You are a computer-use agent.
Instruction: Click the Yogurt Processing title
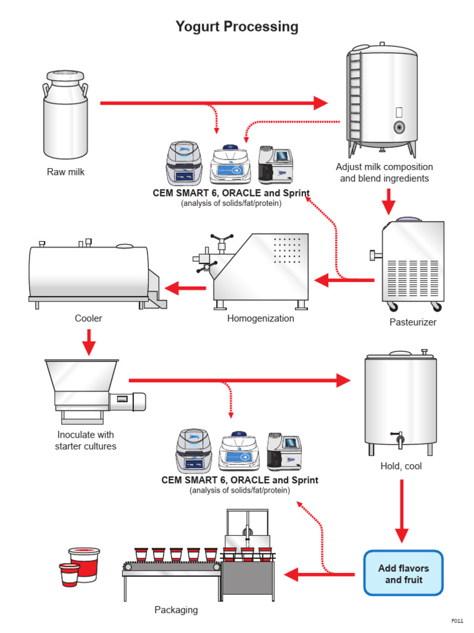[x=237, y=27]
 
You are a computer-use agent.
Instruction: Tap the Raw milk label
[x=65, y=172]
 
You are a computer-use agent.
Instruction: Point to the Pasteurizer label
[x=413, y=322]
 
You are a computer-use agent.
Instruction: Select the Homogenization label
[x=260, y=318]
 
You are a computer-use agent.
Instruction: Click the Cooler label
[x=88, y=318]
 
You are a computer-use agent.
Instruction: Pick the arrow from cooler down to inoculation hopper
[x=89, y=342]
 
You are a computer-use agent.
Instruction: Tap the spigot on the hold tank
[x=399, y=440]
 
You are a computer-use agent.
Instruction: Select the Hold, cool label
[x=401, y=466]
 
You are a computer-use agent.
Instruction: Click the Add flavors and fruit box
[x=404, y=574]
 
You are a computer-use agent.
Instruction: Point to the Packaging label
[x=176, y=610]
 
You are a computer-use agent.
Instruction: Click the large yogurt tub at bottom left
[x=85, y=563]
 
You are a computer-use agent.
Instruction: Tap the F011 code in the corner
[x=457, y=620]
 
